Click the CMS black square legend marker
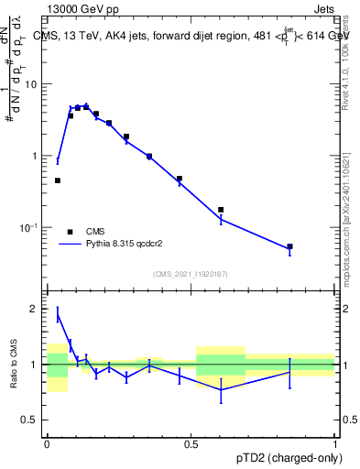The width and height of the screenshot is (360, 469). (70, 232)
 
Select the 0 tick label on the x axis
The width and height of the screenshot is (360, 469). (47, 441)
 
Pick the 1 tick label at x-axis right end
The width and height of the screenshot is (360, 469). (334, 441)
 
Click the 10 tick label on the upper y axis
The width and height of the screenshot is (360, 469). (32, 84)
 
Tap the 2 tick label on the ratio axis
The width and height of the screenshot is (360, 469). (36, 309)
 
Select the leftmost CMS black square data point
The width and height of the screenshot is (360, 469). (57, 180)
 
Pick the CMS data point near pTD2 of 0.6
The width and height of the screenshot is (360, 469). (221, 210)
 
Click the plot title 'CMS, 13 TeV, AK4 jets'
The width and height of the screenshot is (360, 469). (101, 36)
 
